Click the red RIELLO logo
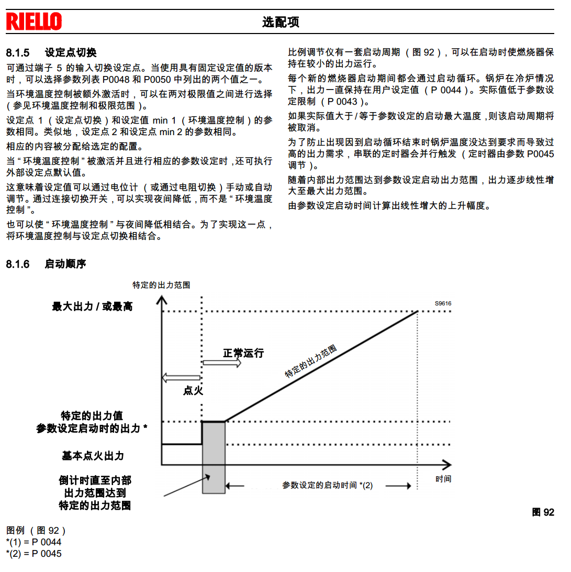34,21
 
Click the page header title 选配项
281,22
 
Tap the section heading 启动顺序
65,264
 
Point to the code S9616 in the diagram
443,303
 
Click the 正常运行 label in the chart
243,353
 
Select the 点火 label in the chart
193,390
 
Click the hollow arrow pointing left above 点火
181,378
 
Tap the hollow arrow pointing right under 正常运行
222,363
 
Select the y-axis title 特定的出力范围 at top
161,285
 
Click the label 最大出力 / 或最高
92,307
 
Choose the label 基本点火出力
93,456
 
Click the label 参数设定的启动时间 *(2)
328,486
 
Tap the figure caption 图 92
543,512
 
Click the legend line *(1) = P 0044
33,542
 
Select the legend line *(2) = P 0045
33,554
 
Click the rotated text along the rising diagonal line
311,361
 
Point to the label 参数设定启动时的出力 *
92,428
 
